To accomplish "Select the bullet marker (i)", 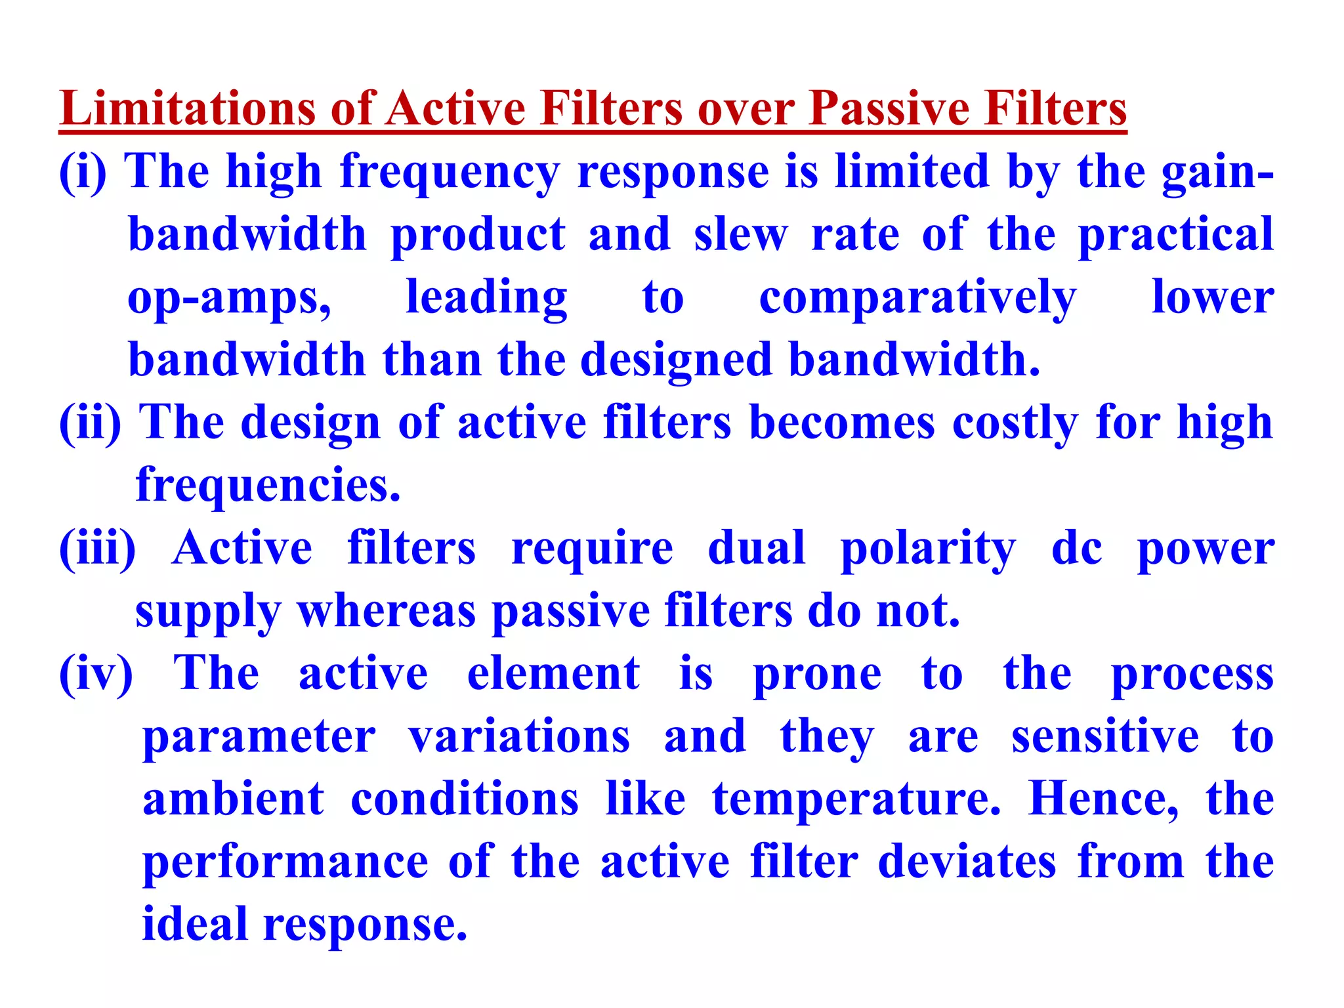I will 83,172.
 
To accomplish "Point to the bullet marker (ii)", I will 91,423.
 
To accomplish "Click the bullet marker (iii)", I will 98,548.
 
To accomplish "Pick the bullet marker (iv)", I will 96,673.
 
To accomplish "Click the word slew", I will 740,234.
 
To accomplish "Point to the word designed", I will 676,360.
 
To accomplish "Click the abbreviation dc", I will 1076,548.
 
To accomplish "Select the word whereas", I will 387,611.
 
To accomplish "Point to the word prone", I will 817,675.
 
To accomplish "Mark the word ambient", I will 234,799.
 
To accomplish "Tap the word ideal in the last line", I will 194,923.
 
